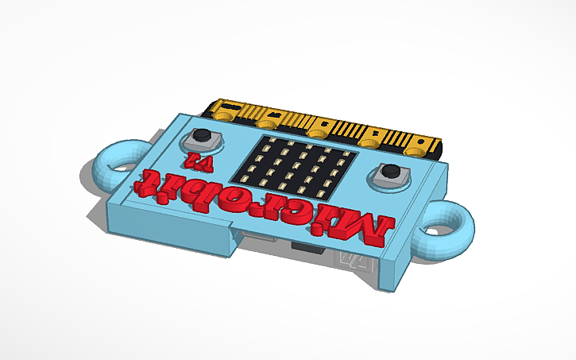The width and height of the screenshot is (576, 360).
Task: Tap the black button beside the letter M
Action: coord(390,172)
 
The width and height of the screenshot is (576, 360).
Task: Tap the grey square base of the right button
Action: coord(389,179)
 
